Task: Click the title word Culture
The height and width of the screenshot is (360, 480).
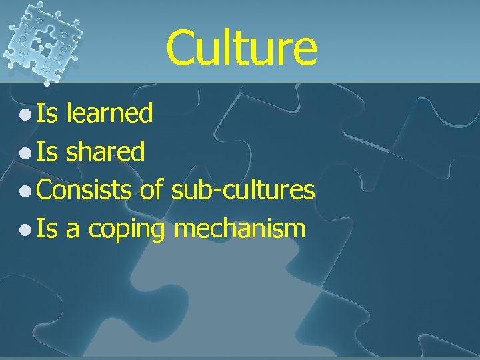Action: [x=241, y=48]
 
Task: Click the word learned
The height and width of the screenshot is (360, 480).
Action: [x=110, y=113]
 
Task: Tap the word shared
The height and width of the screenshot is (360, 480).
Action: [x=105, y=152]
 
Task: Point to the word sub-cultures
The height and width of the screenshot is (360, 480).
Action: [x=243, y=191]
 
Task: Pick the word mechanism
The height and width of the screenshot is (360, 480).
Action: [x=240, y=229]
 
